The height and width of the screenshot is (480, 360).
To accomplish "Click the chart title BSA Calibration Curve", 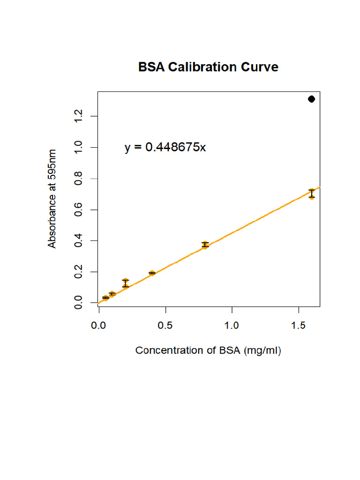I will [x=208, y=67].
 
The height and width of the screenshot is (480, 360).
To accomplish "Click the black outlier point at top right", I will [x=311, y=99].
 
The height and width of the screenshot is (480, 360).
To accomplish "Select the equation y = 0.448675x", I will [x=165, y=147].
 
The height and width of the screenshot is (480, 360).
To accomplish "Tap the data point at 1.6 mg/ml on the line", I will [x=312, y=194].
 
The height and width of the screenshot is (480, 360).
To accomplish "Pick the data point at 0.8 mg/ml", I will [x=205, y=245].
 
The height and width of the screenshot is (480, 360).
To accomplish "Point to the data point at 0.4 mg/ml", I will [x=152, y=273].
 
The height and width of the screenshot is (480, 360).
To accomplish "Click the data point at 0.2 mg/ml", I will [x=125, y=283].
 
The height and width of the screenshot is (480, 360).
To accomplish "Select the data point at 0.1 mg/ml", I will [x=112, y=294].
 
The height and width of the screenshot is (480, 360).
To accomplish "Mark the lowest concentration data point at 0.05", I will [x=105, y=298].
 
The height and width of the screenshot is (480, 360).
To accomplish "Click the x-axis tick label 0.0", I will [x=98, y=324].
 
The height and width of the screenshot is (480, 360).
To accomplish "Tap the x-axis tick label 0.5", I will [x=165, y=324].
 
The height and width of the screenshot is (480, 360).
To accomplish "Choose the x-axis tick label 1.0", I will [x=232, y=324].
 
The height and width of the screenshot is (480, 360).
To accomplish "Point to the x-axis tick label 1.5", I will [x=299, y=324].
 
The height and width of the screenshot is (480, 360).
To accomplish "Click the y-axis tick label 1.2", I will [x=78, y=116].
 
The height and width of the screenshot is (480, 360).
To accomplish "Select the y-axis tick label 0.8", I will [x=78, y=179].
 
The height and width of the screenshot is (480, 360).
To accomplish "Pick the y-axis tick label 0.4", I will [x=78, y=241].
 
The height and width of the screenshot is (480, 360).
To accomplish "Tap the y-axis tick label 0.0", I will [x=78, y=303].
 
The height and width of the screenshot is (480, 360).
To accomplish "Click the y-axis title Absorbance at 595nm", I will [x=52, y=199].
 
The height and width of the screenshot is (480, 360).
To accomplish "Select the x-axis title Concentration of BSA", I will [x=208, y=351].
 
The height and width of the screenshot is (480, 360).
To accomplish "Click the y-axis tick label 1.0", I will [x=78, y=148].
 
